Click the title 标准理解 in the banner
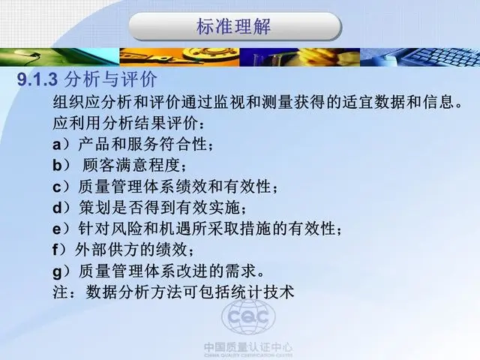233,27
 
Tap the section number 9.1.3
37,79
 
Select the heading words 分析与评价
111,79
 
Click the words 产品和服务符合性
142,144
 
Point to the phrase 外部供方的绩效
130,250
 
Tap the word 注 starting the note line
60,292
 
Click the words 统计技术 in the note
262,292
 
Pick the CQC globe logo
248,316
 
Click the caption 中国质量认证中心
248,348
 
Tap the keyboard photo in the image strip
420,57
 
